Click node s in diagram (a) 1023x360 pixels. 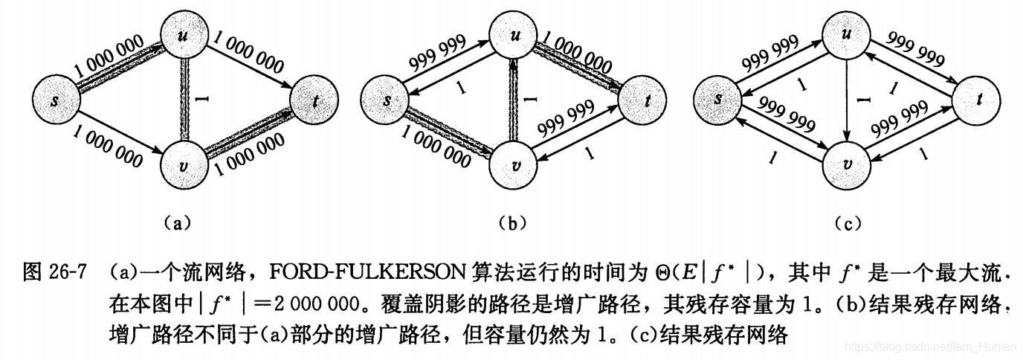pyautogui.click(x=57, y=100)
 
